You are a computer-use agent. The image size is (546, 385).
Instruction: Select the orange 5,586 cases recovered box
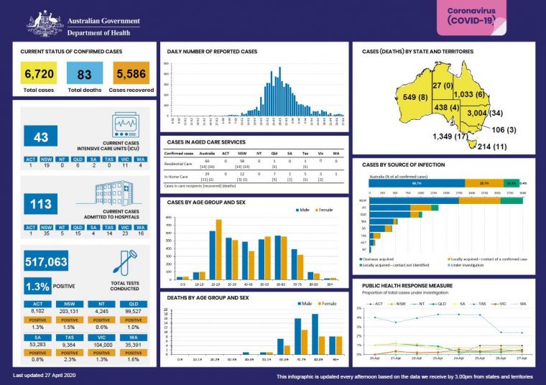(x=129, y=74)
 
